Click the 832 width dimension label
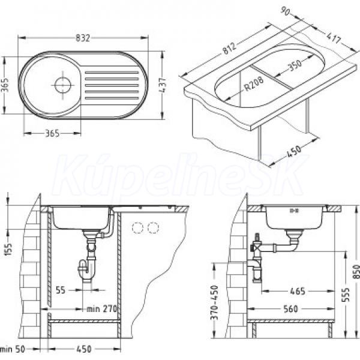(83, 38)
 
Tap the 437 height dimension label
(163, 85)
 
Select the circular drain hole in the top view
(62, 85)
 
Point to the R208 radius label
(254, 84)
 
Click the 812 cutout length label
(230, 49)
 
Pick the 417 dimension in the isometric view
(334, 38)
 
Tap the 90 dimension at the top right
(286, 11)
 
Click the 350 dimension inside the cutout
(295, 65)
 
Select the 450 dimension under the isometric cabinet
(293, 152)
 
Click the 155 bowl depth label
(9, 250)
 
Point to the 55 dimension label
(61, 290)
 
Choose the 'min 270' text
(102, 309)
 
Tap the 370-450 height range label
(214, 302)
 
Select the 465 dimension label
(298, 291)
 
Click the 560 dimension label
(291, 309)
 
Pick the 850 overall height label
(356, 272)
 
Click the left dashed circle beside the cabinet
(138, 228)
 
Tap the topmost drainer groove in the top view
(112, 73)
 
